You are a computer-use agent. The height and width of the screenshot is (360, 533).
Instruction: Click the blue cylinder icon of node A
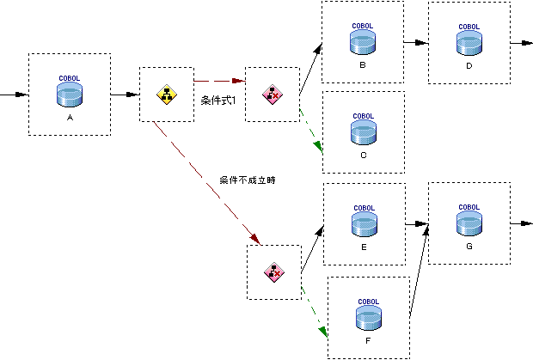coord(70,95)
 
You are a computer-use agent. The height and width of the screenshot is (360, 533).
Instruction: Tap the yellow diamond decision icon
coord(166,94)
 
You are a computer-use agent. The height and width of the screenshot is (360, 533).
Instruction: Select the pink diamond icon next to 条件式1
coord(271,94)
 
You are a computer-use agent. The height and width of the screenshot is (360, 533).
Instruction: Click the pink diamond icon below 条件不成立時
coord(273,272)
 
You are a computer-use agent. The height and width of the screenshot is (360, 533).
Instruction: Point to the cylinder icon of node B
coord(362,43)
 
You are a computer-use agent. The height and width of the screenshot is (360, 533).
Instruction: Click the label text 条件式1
coord(218,101)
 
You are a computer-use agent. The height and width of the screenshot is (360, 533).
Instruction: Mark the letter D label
coord(469,65)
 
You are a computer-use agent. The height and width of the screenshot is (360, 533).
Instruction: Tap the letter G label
coord(469,247)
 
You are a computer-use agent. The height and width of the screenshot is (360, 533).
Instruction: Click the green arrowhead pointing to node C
coord(318,147)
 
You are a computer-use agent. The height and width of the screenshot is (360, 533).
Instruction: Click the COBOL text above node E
coord(363,207)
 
